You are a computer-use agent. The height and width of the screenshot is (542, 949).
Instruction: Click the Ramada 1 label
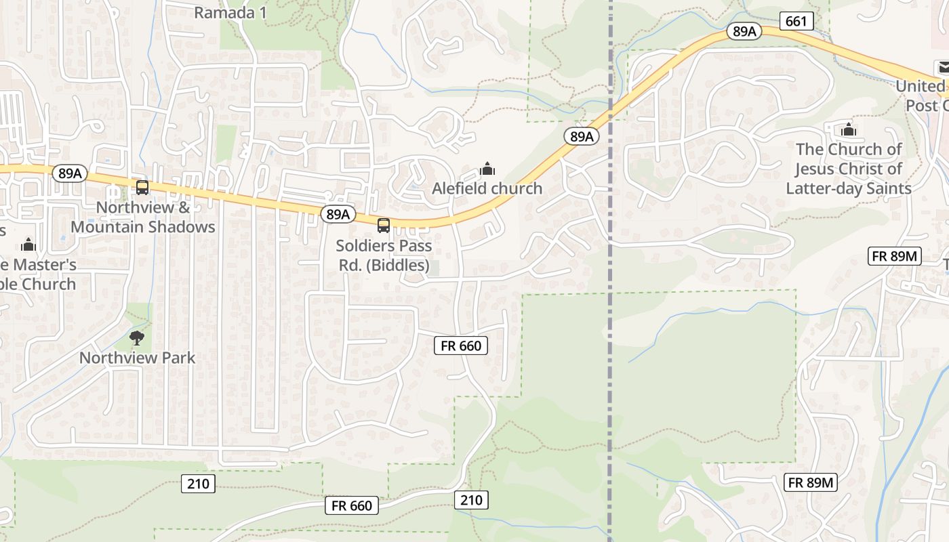tap(230, 12)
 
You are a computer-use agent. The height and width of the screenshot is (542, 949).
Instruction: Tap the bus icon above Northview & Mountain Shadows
tap(142, 188)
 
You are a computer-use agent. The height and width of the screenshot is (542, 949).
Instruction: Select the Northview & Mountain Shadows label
tap(143, 217)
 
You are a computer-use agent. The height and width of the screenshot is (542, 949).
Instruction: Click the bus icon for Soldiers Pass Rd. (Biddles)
tap(384, 225)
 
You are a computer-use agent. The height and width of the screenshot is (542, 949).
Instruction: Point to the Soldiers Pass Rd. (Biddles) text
tap(384, 255)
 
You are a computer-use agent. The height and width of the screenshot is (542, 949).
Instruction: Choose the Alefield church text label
tap(487, 188)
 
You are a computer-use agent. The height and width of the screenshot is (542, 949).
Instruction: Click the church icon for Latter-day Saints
tap(848, 129)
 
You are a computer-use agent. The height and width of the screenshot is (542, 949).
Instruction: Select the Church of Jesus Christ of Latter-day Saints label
tap(849, 169)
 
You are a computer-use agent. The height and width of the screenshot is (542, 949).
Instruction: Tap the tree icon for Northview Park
tap(137, 337)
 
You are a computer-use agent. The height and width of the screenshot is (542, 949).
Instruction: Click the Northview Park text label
tap(138, 357)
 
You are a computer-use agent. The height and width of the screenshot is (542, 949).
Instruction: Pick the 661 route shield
tap(796, 21)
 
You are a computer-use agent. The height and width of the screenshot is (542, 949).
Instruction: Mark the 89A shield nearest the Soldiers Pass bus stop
tap(338, 214)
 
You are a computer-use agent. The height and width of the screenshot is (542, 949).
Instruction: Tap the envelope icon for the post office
tap(943, 67)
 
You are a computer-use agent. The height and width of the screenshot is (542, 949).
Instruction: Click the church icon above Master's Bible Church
tap(28, 245)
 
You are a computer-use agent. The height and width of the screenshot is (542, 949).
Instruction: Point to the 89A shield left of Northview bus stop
tap(70, 173)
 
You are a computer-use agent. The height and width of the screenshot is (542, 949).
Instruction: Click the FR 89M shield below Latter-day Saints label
tap(894, 256)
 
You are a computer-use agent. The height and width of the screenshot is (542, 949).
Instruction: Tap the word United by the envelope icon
tap(920, 86)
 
